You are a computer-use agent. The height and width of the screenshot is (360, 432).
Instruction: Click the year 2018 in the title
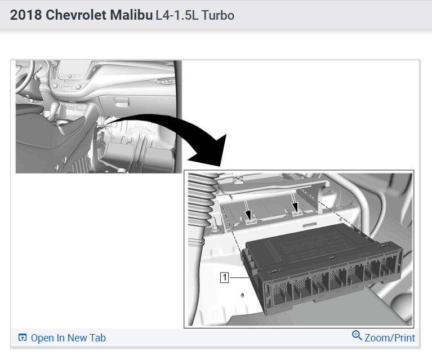(x=26, y=15)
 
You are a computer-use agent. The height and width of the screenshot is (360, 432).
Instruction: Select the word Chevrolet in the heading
(x=76, y=15)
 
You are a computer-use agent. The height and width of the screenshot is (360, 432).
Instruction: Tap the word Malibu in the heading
(x=131, y=15)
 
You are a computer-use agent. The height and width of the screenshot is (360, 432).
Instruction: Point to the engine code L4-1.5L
(x=177, y=15)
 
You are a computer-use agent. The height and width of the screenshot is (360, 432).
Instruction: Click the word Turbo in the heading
(x=218, y=15)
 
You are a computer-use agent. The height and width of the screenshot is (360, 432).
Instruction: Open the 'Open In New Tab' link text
(x=68, y=338)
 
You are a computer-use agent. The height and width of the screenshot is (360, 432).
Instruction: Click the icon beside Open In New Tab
(x=23, y=337)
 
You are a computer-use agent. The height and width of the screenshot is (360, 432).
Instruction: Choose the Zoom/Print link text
(x=390, y=338)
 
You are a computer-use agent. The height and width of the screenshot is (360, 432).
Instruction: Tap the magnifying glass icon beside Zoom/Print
(x=357, y=335)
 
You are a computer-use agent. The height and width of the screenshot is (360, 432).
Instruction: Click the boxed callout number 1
(x=225, y=277)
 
